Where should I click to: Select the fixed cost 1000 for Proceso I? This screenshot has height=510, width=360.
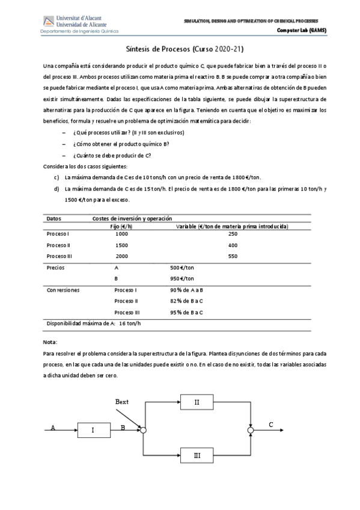[x=121, y=234]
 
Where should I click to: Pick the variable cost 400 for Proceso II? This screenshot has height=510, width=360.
[x=233, y=245]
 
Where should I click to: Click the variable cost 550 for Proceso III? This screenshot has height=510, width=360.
[x=233, y=256]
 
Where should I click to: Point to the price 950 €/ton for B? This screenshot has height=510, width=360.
[x=182, y=278]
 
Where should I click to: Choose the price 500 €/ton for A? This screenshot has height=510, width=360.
[x=182, y=267]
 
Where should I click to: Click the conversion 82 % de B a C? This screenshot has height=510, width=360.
[x=186, y=301]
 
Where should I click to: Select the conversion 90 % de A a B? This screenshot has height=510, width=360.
[x=186, y=290]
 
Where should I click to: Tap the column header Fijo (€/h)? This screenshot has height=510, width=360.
[x=122, y=226]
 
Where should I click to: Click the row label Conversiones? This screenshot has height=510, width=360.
[x=63, y=290]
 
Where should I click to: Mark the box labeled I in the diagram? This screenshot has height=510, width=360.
[x=93, y=430]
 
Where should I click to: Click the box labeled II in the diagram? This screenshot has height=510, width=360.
[x=197, y=402]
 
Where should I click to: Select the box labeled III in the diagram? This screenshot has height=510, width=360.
[x=197, y=456]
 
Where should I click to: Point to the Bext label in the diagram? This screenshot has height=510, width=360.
[x=122, y=402]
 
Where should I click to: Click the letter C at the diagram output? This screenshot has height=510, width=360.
[x=271, y=425]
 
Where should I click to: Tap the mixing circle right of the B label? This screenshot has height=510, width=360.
[x=143, y=430]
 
